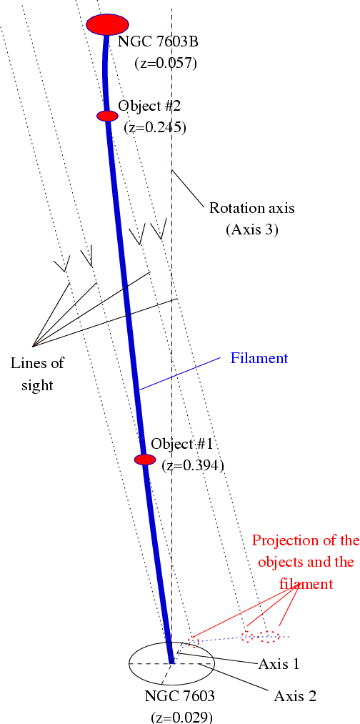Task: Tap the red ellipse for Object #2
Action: coord(108,116)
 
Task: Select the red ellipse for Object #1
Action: coord(145,460)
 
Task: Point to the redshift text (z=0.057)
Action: coord(166,63)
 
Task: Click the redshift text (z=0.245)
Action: coord(155,127)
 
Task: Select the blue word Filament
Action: coord(259,358)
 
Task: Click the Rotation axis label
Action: coord(251,208)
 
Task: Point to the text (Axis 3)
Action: coord(251,229)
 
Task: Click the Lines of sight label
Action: coord(37,374)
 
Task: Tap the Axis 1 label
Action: coord(279,665)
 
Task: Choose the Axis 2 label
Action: coord(294,696)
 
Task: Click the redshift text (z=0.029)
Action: coord(182,717)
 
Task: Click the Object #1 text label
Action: coord(181,444)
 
